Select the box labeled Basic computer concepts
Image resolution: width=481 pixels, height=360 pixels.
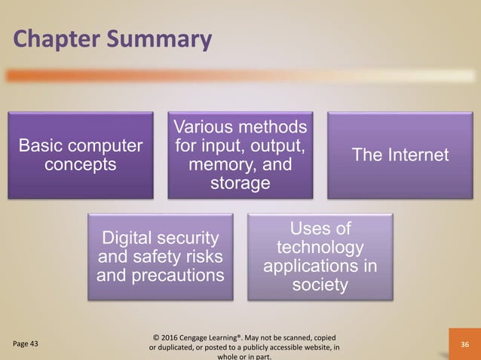point(81,155)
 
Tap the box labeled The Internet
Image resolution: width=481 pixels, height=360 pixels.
point(400,155)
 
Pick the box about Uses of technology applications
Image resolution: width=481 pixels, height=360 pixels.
point(320,256)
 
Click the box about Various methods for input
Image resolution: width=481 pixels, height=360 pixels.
point(240,154)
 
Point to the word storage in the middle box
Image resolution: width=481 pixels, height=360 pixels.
point(240,183)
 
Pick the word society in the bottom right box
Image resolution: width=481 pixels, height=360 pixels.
point(320,285)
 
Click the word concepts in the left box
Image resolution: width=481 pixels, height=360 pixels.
point(81,165)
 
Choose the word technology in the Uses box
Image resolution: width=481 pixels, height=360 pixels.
point(320,248)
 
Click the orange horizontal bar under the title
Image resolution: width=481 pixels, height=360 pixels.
point(226,75)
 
